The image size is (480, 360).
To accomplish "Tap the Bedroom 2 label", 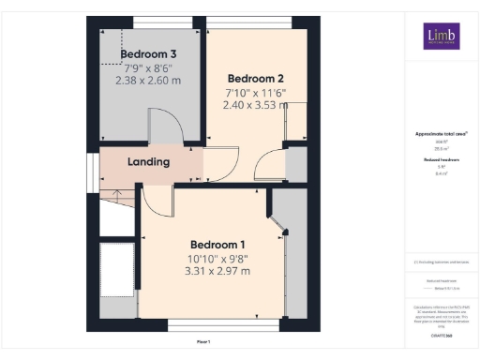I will (255, 77).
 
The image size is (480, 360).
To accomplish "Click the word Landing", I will (148, 161).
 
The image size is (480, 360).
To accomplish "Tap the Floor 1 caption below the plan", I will (203, 340).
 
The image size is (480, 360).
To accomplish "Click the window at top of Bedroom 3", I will (152, 21).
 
